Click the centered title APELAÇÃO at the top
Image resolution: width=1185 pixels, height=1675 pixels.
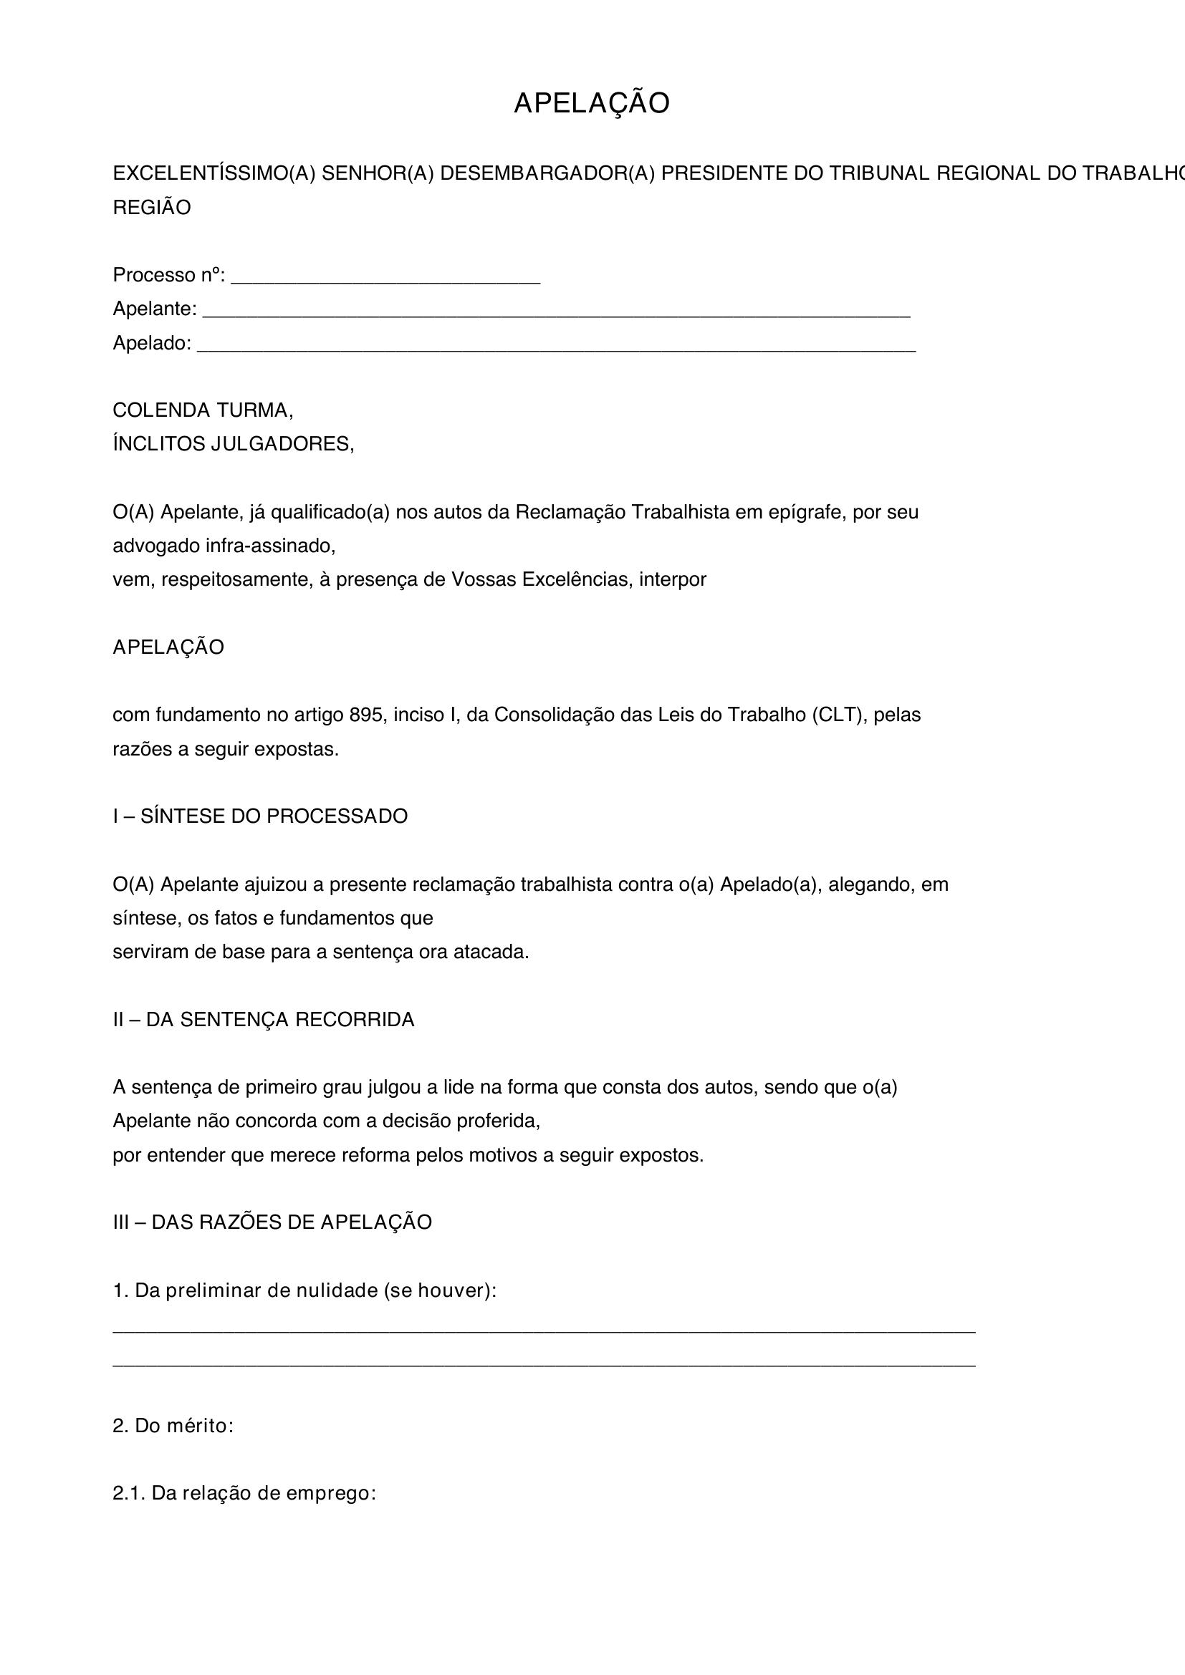coord(591,104)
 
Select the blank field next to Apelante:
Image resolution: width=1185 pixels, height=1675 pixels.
coord(555,312)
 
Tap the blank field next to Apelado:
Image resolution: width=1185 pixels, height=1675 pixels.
coord(556,346)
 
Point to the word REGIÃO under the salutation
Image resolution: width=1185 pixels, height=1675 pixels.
coord(152,208)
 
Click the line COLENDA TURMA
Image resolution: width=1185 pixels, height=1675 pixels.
coord(203,410)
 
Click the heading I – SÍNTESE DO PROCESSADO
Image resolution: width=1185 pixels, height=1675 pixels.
coord(260,816)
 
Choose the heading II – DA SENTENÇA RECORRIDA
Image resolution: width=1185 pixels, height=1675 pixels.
coord(264,1020)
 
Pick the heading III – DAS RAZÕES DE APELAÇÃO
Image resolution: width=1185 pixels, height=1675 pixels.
coord(272,1222)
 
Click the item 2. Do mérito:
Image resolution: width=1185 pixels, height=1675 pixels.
coord(173,1427)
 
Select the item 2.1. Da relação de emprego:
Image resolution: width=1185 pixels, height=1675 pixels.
coord(244,1493)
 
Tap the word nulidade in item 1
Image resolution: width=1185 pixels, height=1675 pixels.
coord(337,1290)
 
